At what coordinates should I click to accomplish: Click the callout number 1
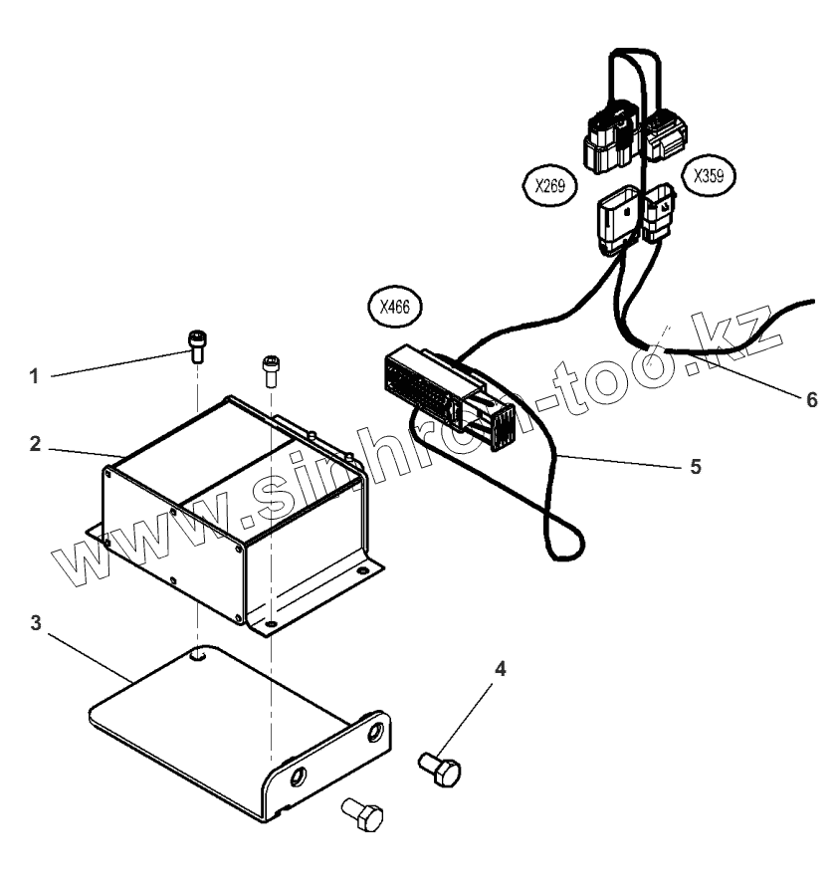click(33, 376)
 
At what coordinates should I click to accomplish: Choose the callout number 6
click(810, 399)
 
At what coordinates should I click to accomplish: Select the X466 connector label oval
click(393, 307)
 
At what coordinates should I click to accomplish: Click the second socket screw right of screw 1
click(270, 369)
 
